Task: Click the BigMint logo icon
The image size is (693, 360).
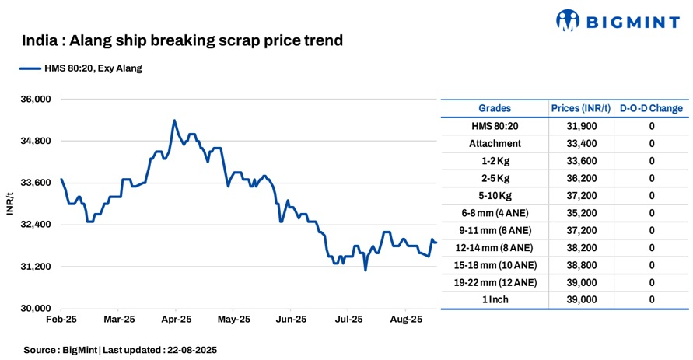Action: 569,21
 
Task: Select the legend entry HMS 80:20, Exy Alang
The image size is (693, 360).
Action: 81,68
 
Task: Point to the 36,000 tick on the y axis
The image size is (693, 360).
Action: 34,100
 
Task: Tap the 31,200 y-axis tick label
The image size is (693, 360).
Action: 34,267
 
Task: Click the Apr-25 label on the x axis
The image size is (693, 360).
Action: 177,320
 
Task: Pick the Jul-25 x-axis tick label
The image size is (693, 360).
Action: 348,320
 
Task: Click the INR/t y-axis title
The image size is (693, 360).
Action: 9,203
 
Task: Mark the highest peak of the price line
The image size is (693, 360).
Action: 174,121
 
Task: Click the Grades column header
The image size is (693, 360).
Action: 495,108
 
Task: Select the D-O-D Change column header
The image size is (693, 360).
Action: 651,108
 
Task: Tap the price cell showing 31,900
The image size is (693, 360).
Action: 580,126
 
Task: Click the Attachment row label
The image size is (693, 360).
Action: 495,144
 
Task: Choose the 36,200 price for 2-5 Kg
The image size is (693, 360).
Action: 580,178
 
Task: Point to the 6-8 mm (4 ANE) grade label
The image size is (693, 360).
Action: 495,213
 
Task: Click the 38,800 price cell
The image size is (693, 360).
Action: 580,265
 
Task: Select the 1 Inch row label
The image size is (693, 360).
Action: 495,299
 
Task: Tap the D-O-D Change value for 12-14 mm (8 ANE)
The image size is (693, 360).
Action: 651,248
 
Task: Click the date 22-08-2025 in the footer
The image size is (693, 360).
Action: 191,350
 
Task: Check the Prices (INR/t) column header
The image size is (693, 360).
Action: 580,108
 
